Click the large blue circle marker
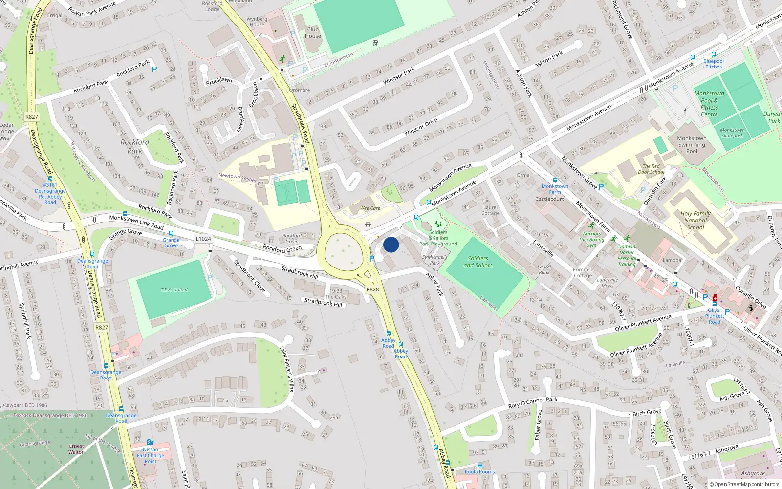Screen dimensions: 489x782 [x=391, y=244]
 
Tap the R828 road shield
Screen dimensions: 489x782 [x=372, y=289]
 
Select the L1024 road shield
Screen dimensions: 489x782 [x=203, y=239]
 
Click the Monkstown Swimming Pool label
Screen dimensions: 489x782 [x=692, y=145]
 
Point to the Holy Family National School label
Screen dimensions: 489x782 [x=695, y=220]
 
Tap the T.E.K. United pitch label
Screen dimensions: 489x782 [x=174, y=289]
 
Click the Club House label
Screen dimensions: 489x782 [x=313, y=32]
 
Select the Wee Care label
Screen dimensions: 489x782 [x=370, y=208]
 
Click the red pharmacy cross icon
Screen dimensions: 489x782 [x=715, y=298]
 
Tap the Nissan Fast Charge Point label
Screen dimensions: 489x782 [x=151, y=455]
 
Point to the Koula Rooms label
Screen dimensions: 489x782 [x=479, y=472]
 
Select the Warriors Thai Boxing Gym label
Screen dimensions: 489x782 [x=591, y=240]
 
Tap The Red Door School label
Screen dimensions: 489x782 [x=651, y=169]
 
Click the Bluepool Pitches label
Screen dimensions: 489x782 [x=714, y=64]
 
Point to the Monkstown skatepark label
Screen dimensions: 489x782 [x=732, y=133]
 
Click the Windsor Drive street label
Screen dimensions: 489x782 [x=421, y=127]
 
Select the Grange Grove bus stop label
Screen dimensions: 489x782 [x=171, y=243]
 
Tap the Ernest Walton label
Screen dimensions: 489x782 [x=77, y=449]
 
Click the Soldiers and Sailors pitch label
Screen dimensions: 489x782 [x=478, y=262]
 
